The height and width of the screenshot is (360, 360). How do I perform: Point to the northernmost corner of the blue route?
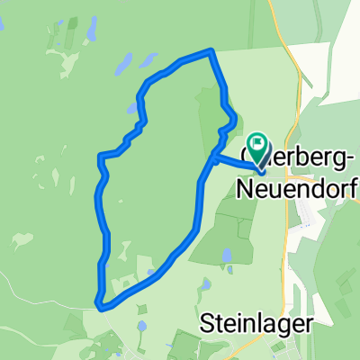click(x=211, y=51)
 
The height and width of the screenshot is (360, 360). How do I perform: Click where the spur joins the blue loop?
click(x=212, y=158)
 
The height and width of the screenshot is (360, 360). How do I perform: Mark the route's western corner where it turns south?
click(x=99, y=157)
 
